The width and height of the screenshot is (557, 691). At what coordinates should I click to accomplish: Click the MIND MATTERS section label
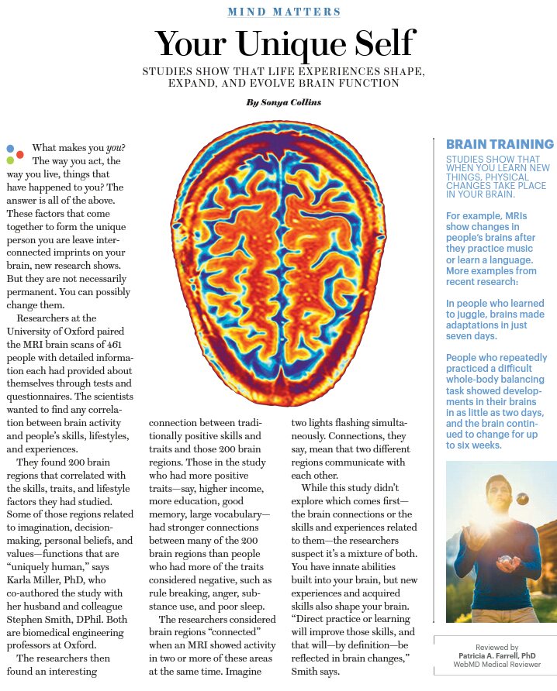pos(284,12)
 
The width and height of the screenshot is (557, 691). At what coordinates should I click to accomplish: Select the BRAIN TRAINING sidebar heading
pos(500,144)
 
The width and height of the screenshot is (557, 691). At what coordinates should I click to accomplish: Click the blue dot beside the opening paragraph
pos(10,147)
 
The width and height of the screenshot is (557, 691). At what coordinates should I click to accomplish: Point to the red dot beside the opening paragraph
pos(20,153)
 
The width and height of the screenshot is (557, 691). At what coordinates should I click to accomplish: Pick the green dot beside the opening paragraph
pos(10,160)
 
